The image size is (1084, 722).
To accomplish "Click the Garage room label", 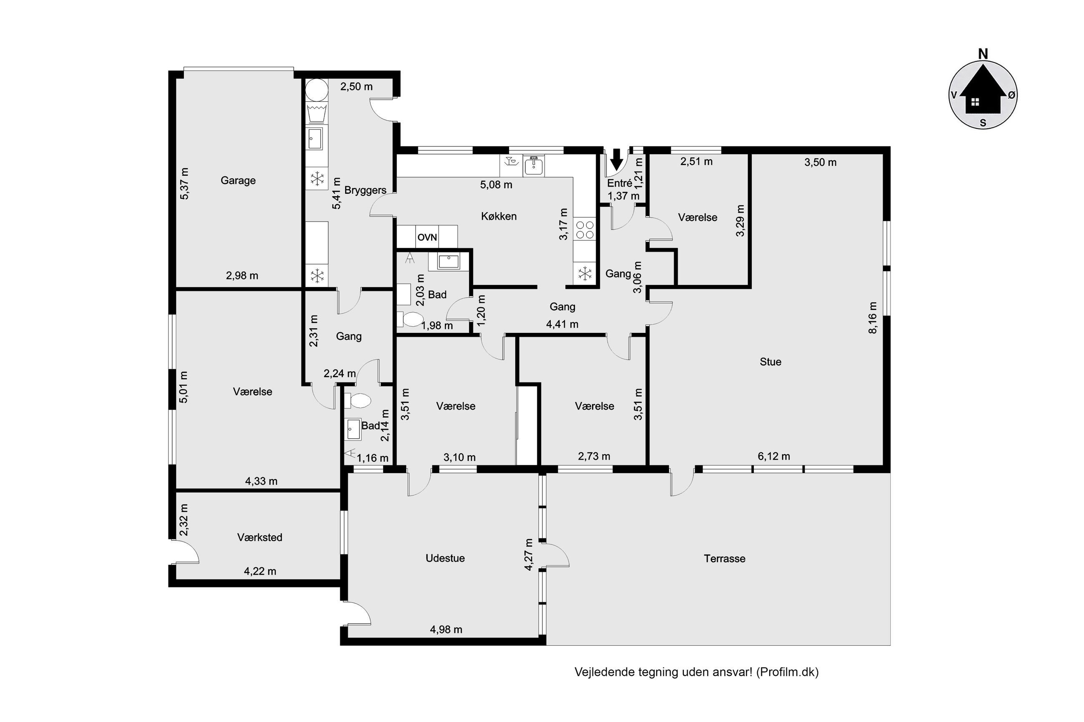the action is pyautogui.click(x=238, y=180).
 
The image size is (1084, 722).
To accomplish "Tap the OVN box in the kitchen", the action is pyautogui.click(x=427, y=237).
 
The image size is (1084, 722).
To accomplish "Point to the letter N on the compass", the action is pyautogui.click(x=983, y=54).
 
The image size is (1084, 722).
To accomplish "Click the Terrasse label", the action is pyautogui.click(x=724, y=559).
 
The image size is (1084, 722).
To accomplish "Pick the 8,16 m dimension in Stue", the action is pyautogui.click(x=873, y=318).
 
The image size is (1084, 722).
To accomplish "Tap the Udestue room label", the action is pyautogui.click(x=445, y=558).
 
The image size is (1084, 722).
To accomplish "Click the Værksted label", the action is pyautogui.click(x=259, y=537).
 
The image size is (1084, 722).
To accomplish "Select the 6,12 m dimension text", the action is pyautogui.click(x=774, y=456).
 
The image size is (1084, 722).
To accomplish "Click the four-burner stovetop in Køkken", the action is pyautogui.click(x=585, y=230).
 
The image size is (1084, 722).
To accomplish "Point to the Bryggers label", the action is pyautogui.click(x=365, y=190).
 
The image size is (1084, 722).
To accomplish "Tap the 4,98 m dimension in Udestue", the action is pyautogui.click(x=446, y=630).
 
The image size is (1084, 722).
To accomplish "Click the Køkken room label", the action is pyautogui.click(x=499, y=216).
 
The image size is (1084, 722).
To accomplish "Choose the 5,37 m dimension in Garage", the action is pyautogui.click(x=184, y=183).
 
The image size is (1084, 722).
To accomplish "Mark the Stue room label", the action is pyautogui.click(x=770, y=362).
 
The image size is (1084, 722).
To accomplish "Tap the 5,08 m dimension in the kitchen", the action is pyautogui.click(x=496, y=185).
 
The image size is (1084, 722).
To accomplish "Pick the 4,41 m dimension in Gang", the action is pyautogui.click(x=562, y=324).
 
